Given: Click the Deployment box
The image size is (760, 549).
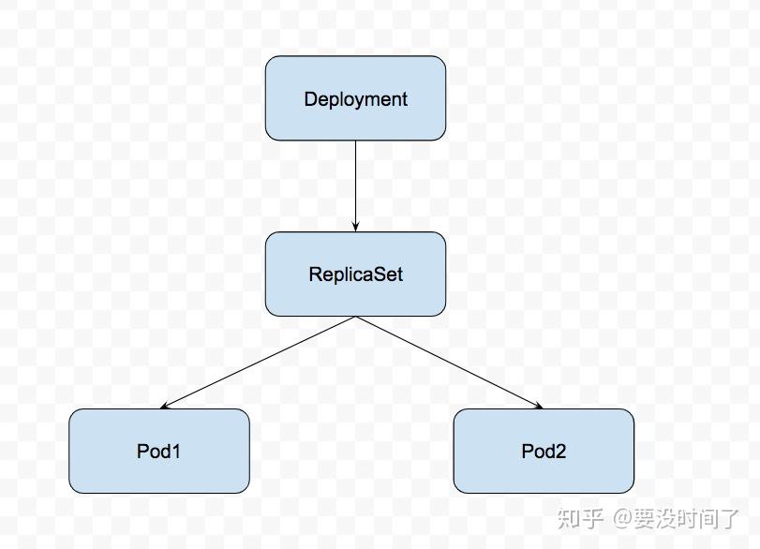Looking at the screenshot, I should tap(355, 98).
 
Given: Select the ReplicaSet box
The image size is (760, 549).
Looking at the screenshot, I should tap(355, 274).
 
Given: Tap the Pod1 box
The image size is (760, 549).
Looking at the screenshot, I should tap(159, 451).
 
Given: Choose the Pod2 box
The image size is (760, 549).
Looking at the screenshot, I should tap(544, 451).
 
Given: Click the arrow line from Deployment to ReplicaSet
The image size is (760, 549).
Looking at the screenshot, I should tap(355, 183).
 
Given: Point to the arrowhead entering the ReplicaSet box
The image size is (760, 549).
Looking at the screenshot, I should tap(355, 227).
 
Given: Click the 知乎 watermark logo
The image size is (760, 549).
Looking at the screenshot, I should tap(580, 517).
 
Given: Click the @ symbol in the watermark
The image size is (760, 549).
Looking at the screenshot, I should tap(625, 518).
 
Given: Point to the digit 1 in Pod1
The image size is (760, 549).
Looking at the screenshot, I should tap(176, 452).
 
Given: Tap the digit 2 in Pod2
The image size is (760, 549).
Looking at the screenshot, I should tap(560, 452).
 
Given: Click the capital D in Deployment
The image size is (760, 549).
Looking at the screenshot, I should tap(310, 98).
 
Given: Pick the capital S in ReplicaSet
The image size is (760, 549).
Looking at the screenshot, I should tap(380, 274).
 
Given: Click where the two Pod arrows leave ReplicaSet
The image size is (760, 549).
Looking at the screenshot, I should tap(355, 317).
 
